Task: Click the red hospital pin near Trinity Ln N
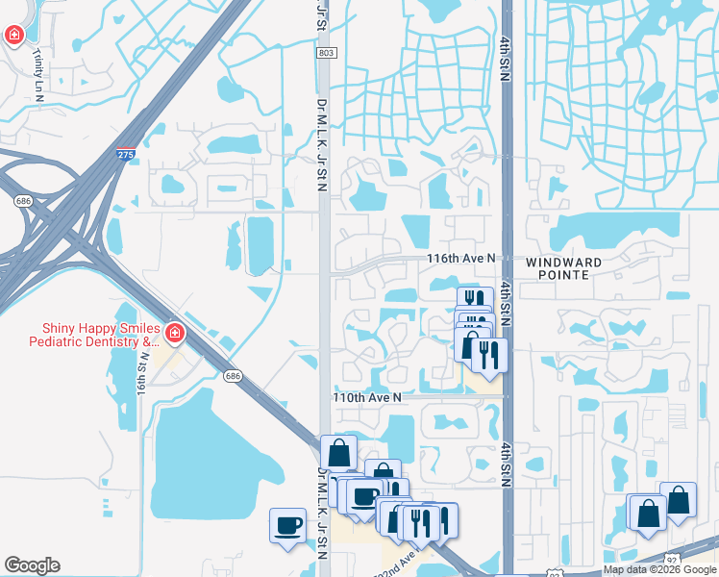(x=14, y=37)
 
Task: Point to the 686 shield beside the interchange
(x=21, y=201)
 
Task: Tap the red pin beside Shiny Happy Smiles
(x=175, y=334)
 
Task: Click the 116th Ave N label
(x=461, y=259)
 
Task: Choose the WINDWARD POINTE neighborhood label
(x=563, y=268)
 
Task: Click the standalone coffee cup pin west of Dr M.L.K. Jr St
(x=286, y=525)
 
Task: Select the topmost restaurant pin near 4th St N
(x=473, y=301)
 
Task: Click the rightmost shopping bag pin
(x=679, y=500)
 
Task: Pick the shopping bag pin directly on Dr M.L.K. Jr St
(x=338, y=452)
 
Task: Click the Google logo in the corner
(x=32, y=565)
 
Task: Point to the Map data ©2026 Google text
(x=659, y=569)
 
